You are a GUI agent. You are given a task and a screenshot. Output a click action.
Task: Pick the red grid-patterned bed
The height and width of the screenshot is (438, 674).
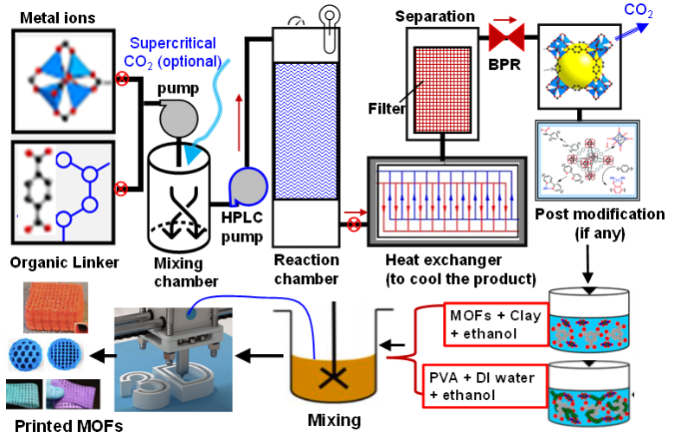click(441, 89)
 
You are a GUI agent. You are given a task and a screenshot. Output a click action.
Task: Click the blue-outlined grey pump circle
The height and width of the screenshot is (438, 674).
click(249, 186)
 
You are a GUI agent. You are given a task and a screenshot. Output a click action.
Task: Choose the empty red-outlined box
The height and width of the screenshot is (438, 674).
click(496, 325)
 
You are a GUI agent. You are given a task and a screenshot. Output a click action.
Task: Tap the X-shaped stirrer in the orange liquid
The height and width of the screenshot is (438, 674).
click(329, 377)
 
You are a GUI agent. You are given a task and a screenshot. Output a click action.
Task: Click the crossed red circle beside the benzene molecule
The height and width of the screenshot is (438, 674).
click(121, 187)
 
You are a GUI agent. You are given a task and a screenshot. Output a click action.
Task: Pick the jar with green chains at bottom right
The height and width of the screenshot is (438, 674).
click(589, 395)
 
